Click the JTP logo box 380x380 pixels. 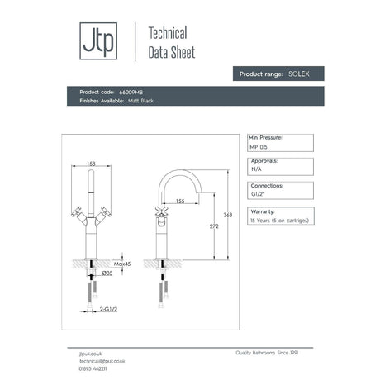tap(93, 41)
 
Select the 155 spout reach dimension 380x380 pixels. tap(179, 201)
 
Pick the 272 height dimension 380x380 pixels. tap(215, 226)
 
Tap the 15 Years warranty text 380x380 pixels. tap(280, 221)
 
